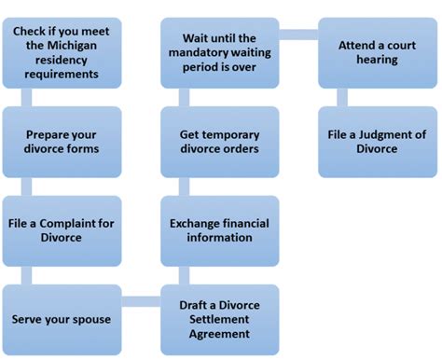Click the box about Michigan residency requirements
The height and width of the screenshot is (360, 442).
(62, 52)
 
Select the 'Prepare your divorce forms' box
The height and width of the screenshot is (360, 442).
(62, 141)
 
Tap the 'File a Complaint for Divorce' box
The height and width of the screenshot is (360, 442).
(62, 230)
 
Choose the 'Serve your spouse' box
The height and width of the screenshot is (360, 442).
(62, 319)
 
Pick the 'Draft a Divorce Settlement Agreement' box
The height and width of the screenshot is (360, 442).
(220, 319)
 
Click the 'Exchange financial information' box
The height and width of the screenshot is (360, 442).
(220, 230)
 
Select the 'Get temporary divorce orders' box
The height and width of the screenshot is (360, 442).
(220, 141)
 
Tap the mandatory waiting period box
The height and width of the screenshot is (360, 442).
(220, 52)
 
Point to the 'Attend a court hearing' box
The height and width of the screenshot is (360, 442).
(377, 52)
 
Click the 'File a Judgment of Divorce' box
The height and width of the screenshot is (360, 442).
(377, 141)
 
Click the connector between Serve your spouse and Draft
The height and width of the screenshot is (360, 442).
(141, 301)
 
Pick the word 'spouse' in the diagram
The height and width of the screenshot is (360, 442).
(91, 319)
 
